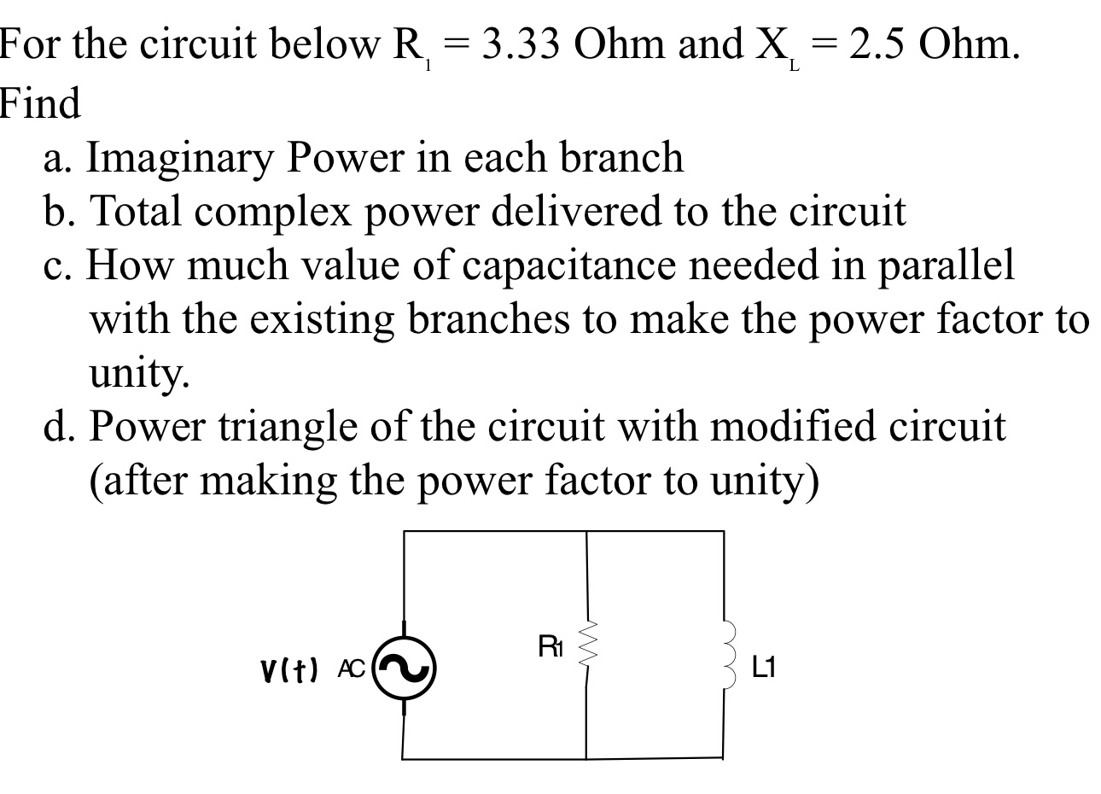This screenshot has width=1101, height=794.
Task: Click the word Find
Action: pos(40,104)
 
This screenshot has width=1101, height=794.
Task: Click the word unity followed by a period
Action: pos(139,372)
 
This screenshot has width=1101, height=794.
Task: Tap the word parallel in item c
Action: pos(945,266)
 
